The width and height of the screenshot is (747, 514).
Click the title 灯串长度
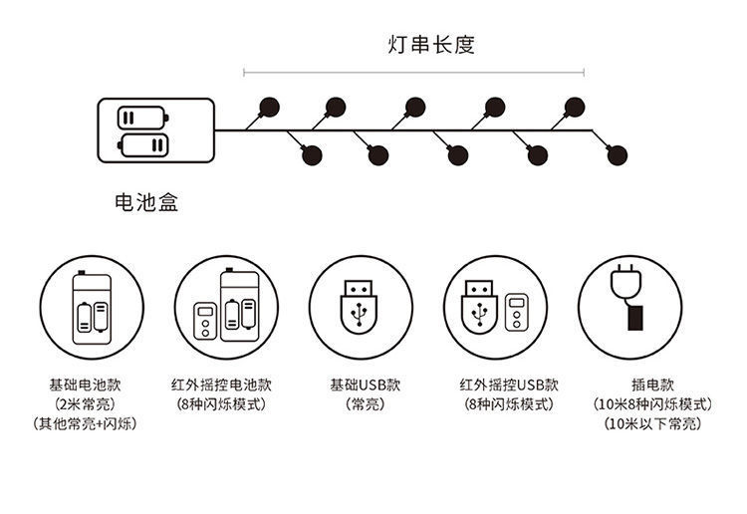(431, 44)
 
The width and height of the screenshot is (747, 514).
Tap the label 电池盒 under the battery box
(146, 202)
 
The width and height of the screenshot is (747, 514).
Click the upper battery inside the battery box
(142, 118)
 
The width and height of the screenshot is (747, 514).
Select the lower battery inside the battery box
(142, 145)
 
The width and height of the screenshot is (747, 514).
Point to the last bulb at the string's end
(618, 155)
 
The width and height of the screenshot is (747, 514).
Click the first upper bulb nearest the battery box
(270, 108)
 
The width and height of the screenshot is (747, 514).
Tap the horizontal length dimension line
(414, 73)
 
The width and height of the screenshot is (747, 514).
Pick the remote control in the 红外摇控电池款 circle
(205, 321)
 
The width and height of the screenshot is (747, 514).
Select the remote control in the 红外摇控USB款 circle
(516, 312)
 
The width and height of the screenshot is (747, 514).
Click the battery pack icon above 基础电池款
(92, 308)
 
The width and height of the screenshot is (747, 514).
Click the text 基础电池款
(86, 385)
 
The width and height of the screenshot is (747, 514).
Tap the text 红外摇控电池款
(221, 385)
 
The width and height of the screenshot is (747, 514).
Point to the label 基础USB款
(366, 385)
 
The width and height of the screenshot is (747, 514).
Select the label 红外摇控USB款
(509, 385)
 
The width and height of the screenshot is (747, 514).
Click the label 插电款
(653, 385)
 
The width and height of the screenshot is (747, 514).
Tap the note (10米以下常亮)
(653, 423)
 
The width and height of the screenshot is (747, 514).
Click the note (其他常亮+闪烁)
(86, 423)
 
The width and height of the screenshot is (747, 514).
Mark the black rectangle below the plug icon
(635, 318)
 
